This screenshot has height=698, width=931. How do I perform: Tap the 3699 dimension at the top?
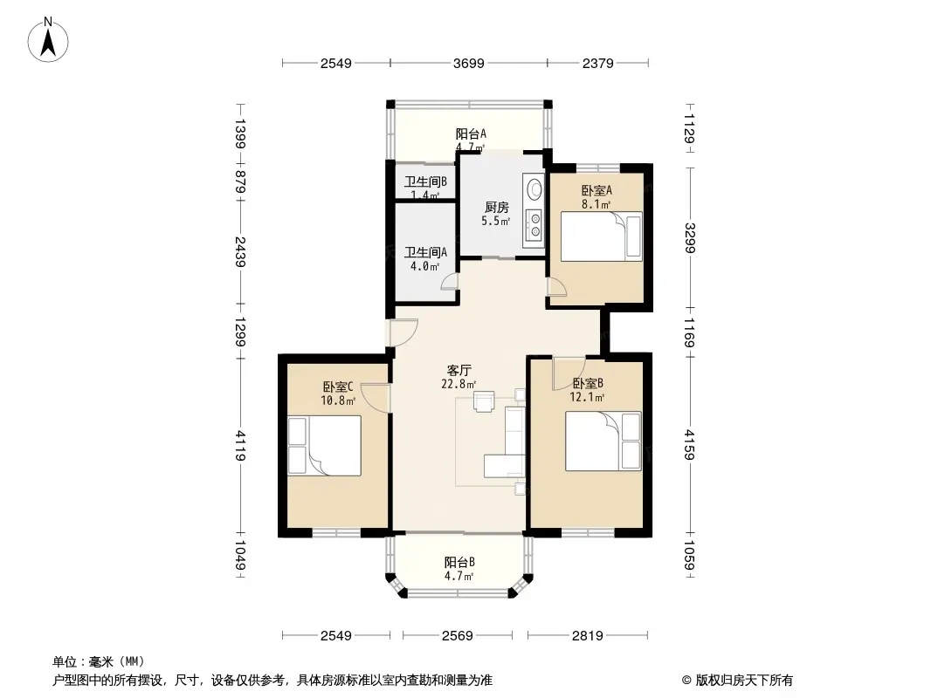468,64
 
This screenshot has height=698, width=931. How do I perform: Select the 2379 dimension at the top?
597,64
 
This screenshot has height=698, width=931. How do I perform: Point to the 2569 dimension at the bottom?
457,636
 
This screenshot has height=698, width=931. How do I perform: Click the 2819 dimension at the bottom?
587,636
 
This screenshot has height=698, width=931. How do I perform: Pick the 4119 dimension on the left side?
240,445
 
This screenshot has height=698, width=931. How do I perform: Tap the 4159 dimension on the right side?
689,444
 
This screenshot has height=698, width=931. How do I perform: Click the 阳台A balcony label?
471,134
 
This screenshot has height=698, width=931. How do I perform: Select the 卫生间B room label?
425,182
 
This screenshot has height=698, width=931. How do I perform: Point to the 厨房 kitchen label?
496,208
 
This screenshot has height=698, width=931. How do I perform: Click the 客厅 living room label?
459,371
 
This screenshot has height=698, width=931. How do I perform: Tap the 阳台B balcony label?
459,562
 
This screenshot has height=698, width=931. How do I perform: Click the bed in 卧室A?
602,236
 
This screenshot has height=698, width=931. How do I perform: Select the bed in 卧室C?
325,445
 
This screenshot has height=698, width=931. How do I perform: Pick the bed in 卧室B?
603,441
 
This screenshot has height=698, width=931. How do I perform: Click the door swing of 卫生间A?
450,281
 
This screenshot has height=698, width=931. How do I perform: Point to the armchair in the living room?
484,401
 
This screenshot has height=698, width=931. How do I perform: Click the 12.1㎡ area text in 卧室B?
587,397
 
